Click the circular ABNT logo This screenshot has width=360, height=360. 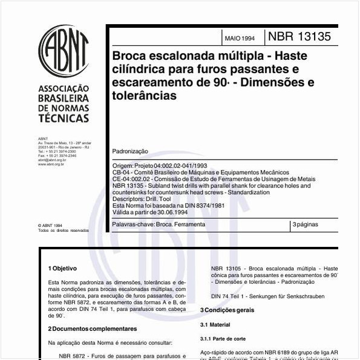click(64, 50)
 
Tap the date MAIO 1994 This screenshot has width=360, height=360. click(239, 38)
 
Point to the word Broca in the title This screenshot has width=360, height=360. click(128, 56)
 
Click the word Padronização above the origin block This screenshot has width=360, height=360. click(130, 151)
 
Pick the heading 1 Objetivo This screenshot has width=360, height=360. click(62, 268)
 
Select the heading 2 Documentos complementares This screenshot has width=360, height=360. click(92, 329)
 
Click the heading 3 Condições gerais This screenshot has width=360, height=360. click(227, 310)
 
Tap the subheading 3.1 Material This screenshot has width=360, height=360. click(215, 325)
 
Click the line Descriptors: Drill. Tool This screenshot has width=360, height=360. click(143, 198)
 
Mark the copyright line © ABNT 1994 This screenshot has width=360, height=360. click(51, 225)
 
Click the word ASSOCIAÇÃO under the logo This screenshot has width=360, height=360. click(64, 87)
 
